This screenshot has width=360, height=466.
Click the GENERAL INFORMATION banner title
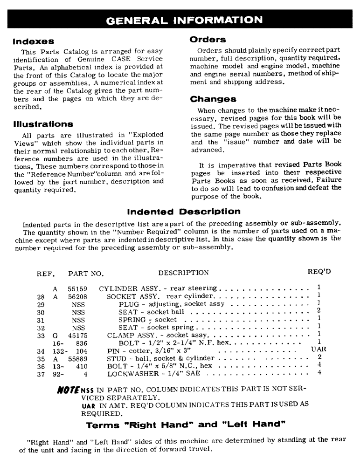coord(184,20)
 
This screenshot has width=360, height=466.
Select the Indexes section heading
coord(34,41)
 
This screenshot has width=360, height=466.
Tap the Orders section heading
coord(208,40)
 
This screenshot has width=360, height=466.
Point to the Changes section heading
coord(213,99)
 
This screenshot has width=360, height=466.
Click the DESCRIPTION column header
coord(183,273)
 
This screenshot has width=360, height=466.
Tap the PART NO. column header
coord(86,273)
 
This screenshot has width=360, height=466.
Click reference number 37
coord(41,373)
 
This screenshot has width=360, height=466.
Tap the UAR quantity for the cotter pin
coord(318,349)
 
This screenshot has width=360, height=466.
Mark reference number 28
coord(41,296)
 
